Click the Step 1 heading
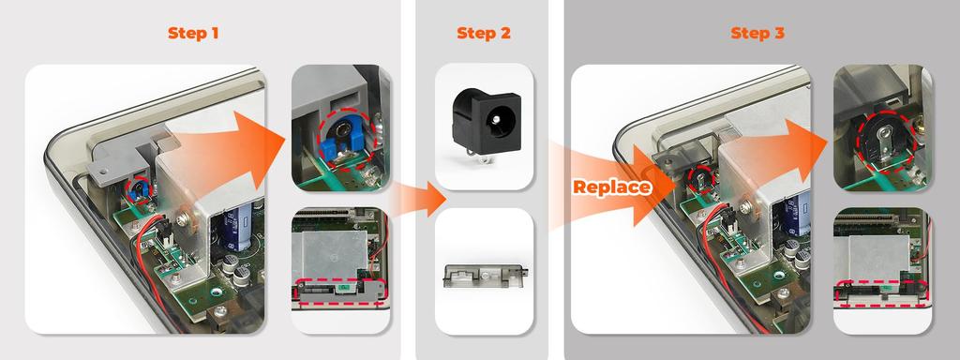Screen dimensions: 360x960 [194, 33]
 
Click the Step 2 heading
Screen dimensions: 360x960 [484, 33]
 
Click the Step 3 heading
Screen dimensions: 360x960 [757, 33]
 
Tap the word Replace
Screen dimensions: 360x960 [611, 187]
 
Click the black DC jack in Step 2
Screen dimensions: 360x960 [484, 124]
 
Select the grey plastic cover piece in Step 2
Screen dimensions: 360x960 [484, 276]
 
